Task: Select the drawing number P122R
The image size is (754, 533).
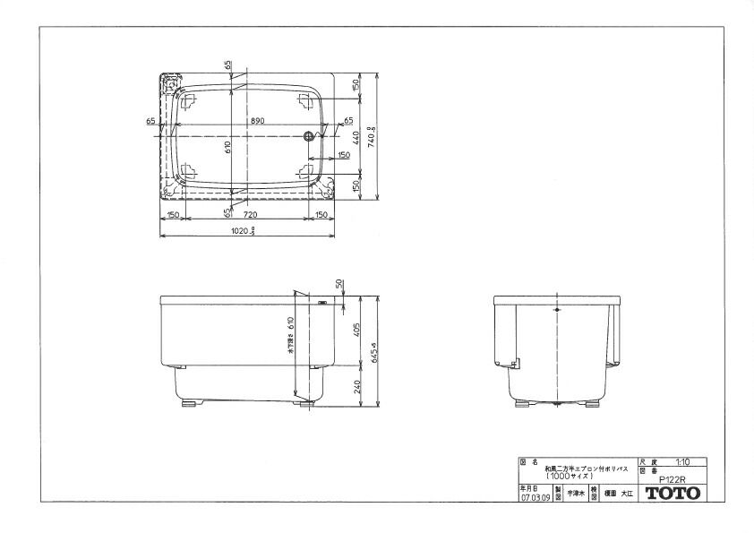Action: click(672, 478)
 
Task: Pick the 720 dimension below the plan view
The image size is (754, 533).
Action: click(249, 216)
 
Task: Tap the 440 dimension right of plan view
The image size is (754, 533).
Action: click(356, 136)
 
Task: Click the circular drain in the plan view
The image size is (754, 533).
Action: click(309, 136)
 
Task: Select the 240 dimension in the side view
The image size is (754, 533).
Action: click(356, 387)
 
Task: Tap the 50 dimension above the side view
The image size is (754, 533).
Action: click(340, 284)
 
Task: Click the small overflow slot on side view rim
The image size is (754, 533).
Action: click(321, 304)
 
